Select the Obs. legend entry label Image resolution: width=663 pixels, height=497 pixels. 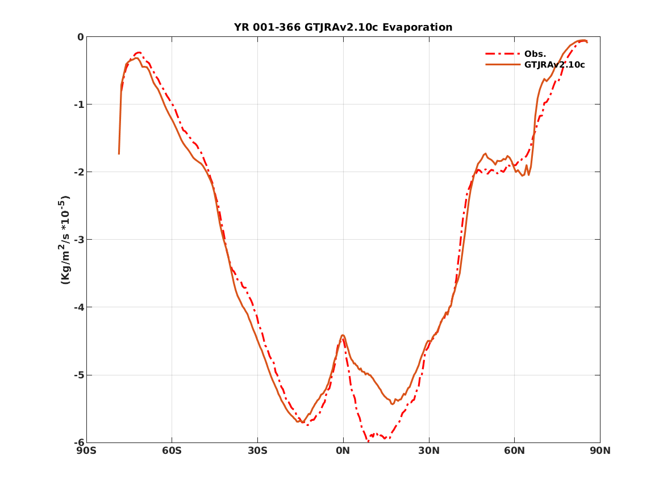pos(535,54)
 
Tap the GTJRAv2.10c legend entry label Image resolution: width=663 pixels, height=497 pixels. pos(554,65)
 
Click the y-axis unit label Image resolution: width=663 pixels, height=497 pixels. pos(65,239)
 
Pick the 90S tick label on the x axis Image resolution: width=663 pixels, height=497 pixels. pos(86,451)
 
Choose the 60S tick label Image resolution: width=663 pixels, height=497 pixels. pos(172,451)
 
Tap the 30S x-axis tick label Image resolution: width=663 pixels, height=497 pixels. pos(257,451)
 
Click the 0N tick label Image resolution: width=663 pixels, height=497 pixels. pos(343,451)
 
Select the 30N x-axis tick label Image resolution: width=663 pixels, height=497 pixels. pos(429,451)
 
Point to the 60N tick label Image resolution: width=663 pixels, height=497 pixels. pos(514,451)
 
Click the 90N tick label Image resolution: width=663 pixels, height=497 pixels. pos(600,451)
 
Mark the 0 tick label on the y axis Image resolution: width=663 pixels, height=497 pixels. pos(80,37)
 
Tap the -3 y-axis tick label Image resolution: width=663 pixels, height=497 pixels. pos(78,240)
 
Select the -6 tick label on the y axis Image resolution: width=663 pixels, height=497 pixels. pos(78,442)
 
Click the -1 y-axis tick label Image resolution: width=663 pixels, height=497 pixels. pos(78,105)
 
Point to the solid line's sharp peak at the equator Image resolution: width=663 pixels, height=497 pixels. pos(343,335)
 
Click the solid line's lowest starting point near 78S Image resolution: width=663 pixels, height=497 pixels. pos(119,153)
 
